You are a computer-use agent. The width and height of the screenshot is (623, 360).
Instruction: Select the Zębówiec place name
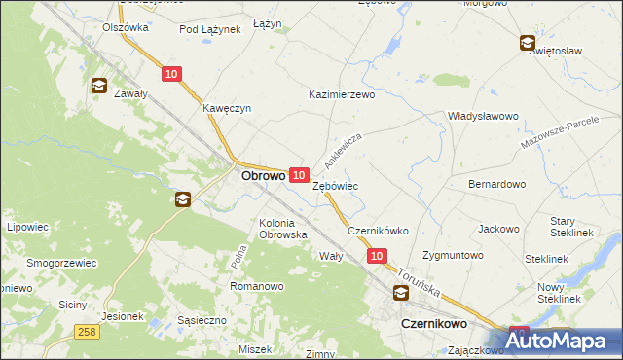click(336, 184)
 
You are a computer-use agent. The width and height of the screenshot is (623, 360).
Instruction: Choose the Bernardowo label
click(497, 183)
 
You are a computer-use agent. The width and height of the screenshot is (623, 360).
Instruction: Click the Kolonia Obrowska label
click(283, 229)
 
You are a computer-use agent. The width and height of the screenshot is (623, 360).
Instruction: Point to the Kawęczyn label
click(227, 108)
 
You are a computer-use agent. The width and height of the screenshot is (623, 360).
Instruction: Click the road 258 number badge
click(87, 333)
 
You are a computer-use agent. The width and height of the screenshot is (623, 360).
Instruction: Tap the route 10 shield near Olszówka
click(171, 73)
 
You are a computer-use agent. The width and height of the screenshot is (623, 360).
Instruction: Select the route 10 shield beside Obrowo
click(300, 173)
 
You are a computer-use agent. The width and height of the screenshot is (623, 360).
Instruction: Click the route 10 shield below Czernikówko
click(378, 255)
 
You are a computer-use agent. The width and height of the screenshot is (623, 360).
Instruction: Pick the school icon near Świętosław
click(527, 43)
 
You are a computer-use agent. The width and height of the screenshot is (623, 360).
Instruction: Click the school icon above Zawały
click(99, 86)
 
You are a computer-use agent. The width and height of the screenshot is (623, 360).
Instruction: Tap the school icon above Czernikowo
click(401, 293)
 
